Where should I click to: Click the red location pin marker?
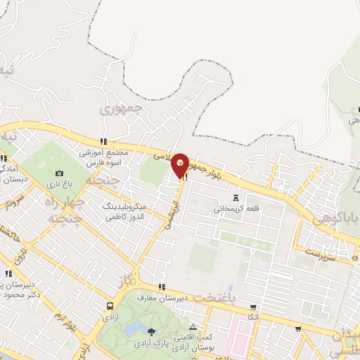(x=181, y=165)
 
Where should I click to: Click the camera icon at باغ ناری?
(x=59, y=173)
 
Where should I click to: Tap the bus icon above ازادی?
(x=110, y=306)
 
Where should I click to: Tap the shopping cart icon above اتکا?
(x=254, y=307)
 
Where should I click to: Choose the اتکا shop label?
(x=254, y=317)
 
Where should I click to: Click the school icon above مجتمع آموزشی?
(x=103, y=141)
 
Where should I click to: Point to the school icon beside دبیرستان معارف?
(x=162, y=286)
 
